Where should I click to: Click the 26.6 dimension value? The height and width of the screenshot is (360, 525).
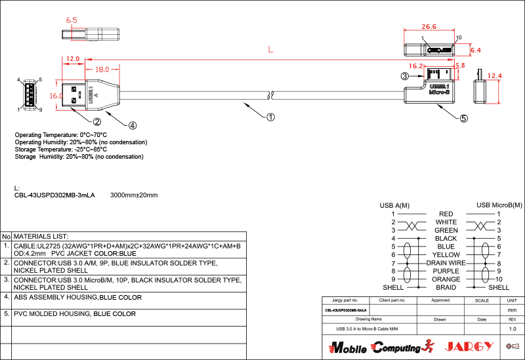point(429,26)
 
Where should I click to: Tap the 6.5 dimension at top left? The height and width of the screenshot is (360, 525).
point(72,20)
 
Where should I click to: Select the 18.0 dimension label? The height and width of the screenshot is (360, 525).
point(102,70)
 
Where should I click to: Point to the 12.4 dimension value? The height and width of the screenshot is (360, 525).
point(495,76)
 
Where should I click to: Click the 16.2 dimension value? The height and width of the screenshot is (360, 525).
point(416,66)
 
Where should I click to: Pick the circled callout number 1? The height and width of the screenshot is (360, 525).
point(270,117)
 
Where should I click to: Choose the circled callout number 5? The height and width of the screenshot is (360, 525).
point(463,119)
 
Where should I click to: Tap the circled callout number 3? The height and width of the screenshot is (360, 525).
point(405,76)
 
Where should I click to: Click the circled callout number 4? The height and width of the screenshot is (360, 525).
point(132,125)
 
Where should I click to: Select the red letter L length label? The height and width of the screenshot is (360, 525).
point(270,49)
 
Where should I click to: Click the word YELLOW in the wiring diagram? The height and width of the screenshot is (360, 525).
point(446,254)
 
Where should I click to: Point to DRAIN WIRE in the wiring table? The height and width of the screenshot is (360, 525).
point(446,262)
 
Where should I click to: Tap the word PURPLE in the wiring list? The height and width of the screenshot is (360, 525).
point(446,271)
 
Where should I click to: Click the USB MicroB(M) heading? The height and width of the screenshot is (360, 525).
point(499,205)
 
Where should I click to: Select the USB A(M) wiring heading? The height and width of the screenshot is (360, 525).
point(394,205)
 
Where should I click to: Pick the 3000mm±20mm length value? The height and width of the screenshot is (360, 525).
point(134,195)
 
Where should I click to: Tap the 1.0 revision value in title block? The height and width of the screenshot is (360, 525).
point(513,329)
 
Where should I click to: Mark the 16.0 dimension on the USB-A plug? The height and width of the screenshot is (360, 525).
point(56,96)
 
